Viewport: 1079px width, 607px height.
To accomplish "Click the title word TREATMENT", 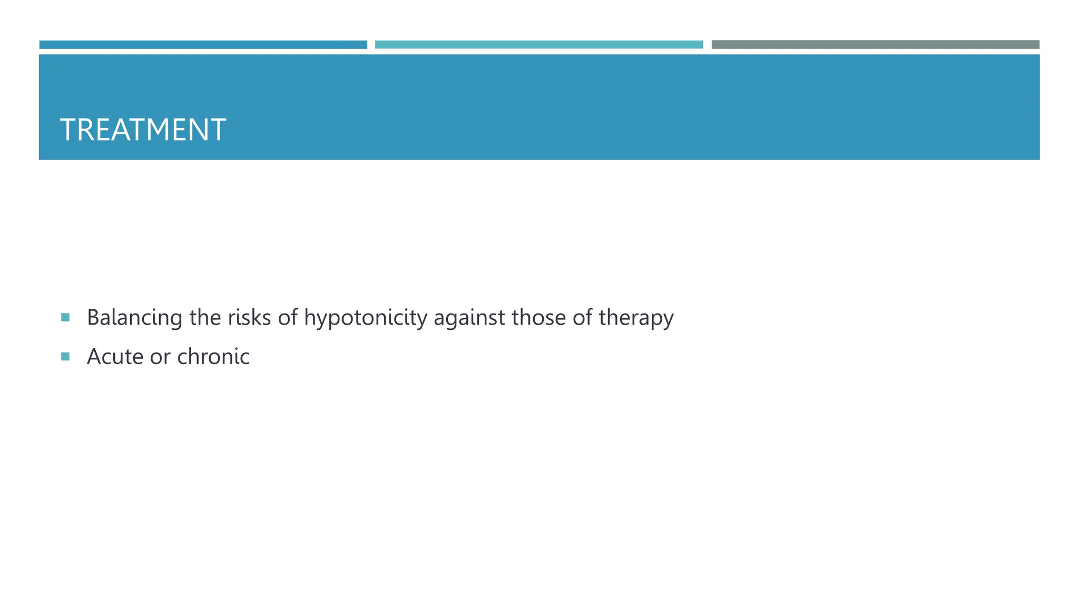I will [x=143, y=130].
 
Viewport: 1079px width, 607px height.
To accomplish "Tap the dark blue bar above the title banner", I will [x=203, y=45].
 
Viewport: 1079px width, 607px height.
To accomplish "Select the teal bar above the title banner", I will [x=538, y=45].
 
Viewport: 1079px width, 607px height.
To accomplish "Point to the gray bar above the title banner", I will [x=875, y=45].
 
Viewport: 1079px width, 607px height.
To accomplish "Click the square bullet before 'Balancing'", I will [x=65, y=317].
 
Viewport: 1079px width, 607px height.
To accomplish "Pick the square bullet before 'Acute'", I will [x=65, y=357].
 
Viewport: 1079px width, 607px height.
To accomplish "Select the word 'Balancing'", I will [x=134, y=318].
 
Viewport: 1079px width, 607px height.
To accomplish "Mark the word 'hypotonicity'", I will [x=366, y=318].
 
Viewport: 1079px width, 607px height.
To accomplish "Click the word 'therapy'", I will [x=636, y=318].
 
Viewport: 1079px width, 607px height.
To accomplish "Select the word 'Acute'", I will [x=115, y=357].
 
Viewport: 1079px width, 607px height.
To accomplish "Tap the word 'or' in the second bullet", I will [x=160, y=357].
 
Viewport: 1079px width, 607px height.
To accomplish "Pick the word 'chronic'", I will [x=213, y=357].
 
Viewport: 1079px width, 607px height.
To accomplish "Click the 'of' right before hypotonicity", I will [x=288, y=317].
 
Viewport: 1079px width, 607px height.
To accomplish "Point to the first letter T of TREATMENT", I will [x=68, y=130].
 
